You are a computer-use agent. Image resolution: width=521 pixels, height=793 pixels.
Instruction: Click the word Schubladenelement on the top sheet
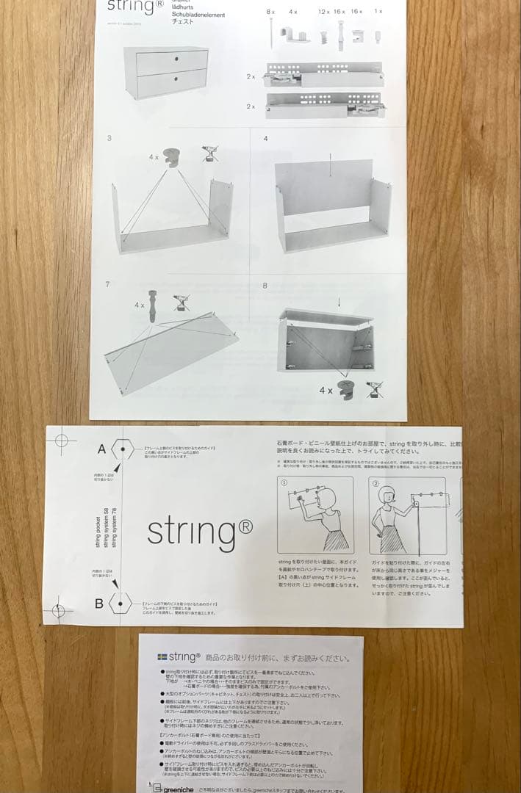click(x=198, y=15)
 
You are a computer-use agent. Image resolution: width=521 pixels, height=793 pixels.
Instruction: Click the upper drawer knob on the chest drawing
click(x=176, y=58)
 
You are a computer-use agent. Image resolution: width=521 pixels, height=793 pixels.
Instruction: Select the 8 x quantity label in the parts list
click(x=270, y=12)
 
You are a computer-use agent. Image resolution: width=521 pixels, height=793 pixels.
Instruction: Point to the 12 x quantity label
click(x=324, y=12)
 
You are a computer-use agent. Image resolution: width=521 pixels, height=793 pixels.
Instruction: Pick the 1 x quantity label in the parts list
click(x=378, y=12)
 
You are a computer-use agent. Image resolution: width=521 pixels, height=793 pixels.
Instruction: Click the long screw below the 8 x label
click(x=272, y=33)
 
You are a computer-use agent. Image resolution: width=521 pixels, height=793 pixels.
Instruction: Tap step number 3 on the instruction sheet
click(x=109, y=138)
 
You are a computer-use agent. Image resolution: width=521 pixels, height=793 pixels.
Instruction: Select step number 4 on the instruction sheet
click(x=265, y=138)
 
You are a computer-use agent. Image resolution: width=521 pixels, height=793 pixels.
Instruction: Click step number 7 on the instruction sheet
click(x=109, y=284)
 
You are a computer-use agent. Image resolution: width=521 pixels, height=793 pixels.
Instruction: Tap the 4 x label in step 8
click(x=326, y=391)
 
